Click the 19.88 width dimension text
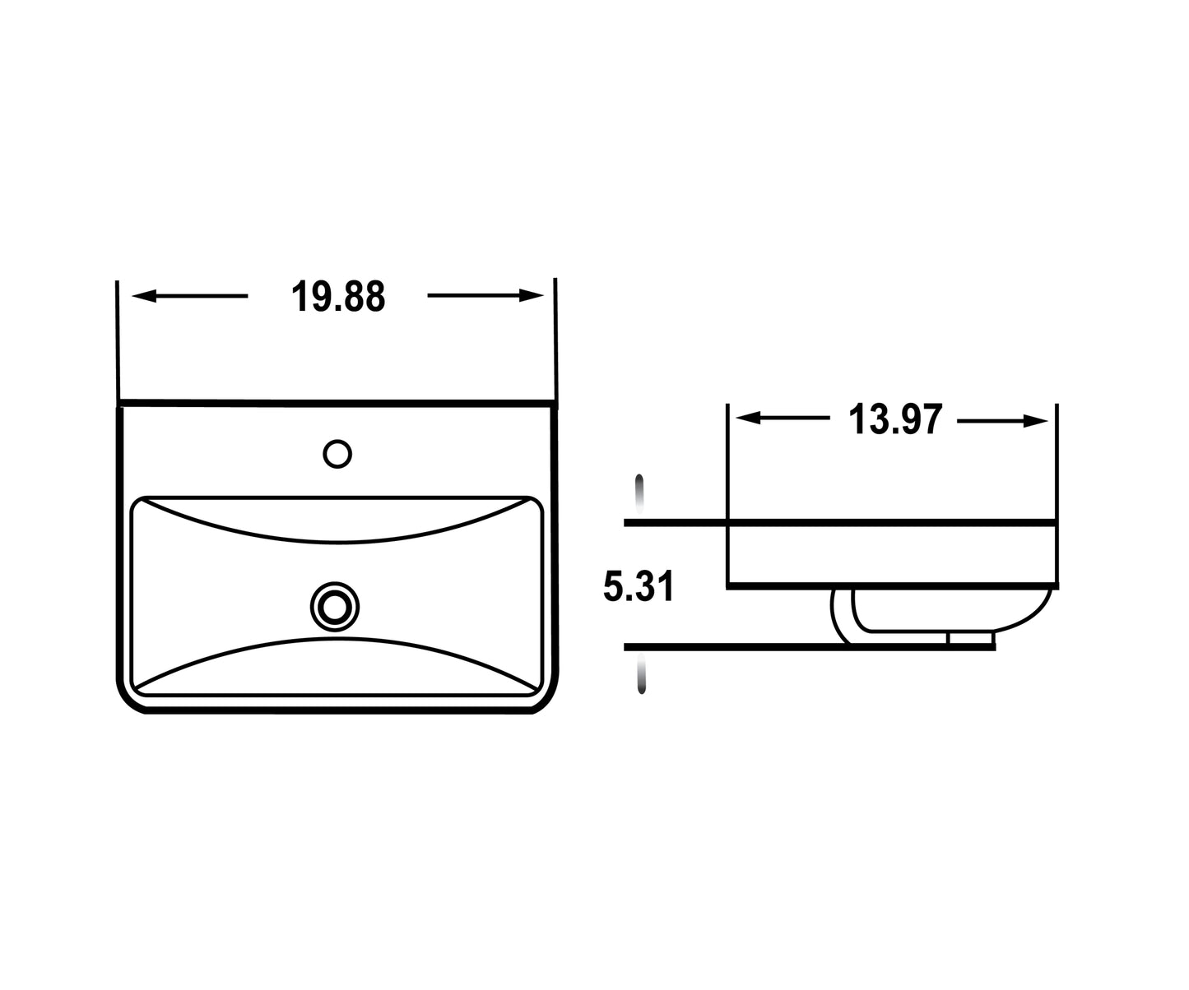pyautogui.click(x=338, y=297)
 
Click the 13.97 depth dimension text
pyautogui.click(x=894, y=420)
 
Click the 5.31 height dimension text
pyautogui.click(x=639, y=587)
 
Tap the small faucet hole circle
pyautogui.click(x=337, y=454)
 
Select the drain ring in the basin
pyautogui.click(x=335, y=607)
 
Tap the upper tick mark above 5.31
pyautogui.click(x=639, y=493)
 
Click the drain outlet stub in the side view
pyautogui.click(x=971, y=637)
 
